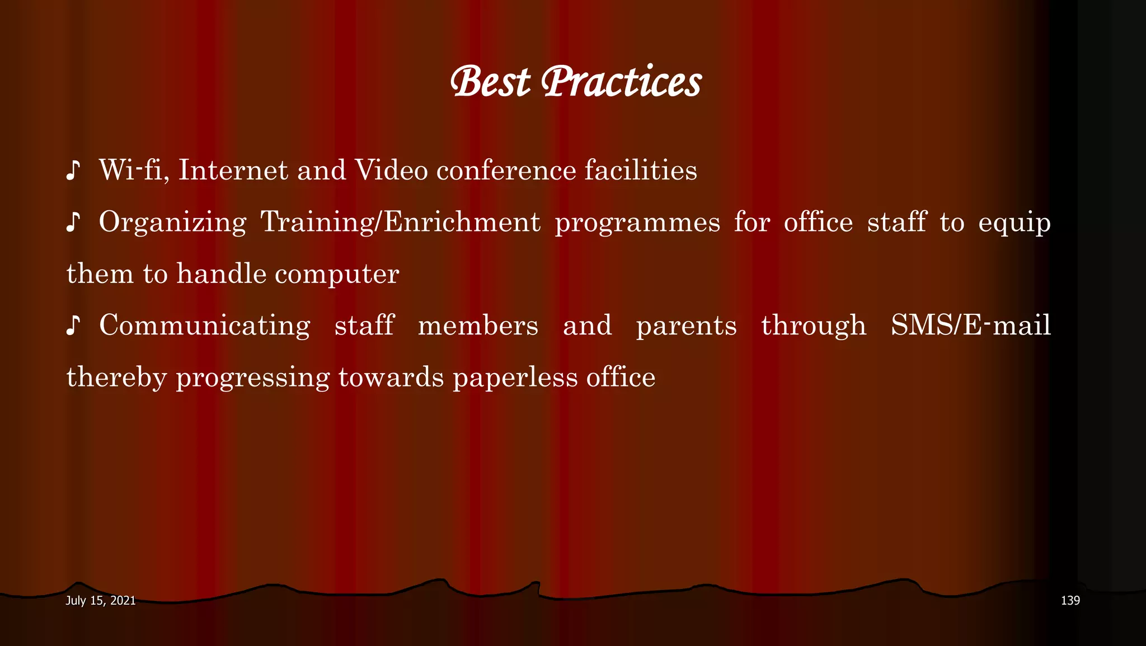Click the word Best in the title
(490, 82)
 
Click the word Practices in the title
(621, 82)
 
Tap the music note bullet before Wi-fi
(73, 170)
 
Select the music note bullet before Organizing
(73, 222)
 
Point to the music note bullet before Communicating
(73, 326)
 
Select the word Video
(391, 170)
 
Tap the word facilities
(641, 170)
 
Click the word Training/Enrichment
(401, 222)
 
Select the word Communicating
(205, 326)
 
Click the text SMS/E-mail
(971, 326)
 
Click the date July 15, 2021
(101, 601)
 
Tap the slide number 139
(1070, 601)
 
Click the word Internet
(233, 170)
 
